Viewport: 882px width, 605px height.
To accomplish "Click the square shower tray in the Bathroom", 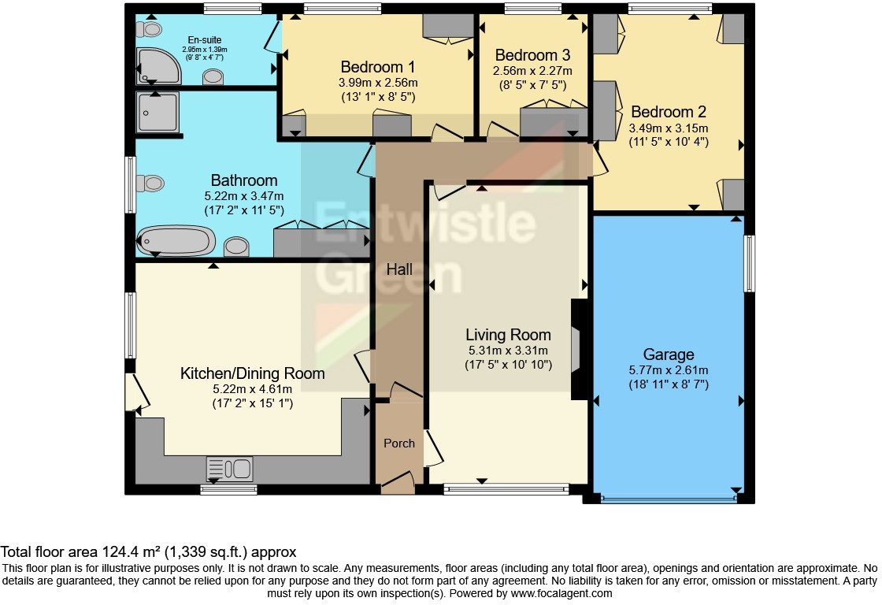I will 157,113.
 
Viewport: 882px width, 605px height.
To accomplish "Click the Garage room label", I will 668,354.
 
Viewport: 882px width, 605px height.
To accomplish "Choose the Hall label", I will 399,269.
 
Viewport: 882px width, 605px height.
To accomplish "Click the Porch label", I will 399,444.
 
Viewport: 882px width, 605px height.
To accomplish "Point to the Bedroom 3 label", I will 532,55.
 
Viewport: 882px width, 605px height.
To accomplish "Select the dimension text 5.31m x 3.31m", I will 507,351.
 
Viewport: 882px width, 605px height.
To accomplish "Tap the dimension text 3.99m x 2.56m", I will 377,83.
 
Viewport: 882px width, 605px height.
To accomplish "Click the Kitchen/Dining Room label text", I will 252,373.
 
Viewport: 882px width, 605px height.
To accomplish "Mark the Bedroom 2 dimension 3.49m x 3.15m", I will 668,128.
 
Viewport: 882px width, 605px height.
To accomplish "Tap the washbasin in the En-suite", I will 213,76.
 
